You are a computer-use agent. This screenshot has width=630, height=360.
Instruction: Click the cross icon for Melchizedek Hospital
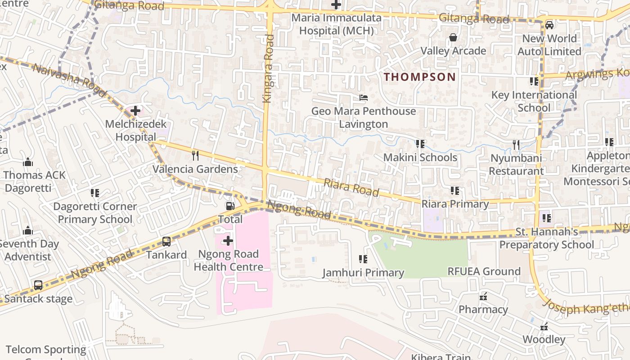[x=135, y=110]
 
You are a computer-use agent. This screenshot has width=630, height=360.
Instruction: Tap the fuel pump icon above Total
[x=230, y=206]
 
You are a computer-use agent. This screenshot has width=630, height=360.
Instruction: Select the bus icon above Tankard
[x=166, y=242]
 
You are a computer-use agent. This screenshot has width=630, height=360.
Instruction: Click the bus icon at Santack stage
[x=38, y=285]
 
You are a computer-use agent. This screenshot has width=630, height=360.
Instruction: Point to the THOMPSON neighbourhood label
[x=420, y=77]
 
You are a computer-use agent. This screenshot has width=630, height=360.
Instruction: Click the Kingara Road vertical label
[x=269, y=69]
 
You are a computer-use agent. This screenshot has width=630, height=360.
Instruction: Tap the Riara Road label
[x=351, y=186]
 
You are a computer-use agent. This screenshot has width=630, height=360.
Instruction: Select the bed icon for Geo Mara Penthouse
[x=364, y=97]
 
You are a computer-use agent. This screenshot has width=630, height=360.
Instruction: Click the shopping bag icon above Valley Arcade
[x=453, y=37]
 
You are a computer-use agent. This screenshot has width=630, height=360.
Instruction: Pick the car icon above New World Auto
[x=549, y=25]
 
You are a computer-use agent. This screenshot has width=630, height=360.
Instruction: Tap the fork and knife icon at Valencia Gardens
[x=195, y=156]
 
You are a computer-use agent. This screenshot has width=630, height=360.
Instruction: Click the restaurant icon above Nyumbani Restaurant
[x=516, y=145]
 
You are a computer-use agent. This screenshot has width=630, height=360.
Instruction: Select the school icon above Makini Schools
[x=420, y=144]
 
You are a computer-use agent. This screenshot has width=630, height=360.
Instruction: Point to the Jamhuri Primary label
[x=363, y=273]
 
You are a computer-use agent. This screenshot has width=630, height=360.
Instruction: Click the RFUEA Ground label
[x=484, y=271]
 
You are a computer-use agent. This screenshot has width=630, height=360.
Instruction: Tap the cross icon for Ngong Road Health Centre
[x=228, y=241]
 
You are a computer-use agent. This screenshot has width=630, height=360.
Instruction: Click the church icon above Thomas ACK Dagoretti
[x=28, y=162]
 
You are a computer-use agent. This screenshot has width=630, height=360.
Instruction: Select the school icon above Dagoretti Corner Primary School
[x=95, y=193]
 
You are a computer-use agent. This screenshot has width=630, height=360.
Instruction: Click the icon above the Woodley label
[x=544, y=326]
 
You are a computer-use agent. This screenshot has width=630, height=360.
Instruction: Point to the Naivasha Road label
[x=70, y=80]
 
